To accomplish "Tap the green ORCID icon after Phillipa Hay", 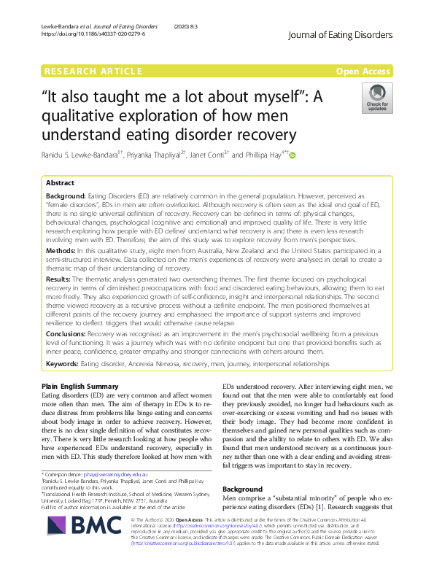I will (293, 155).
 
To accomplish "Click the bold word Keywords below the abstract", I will (63, 363).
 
